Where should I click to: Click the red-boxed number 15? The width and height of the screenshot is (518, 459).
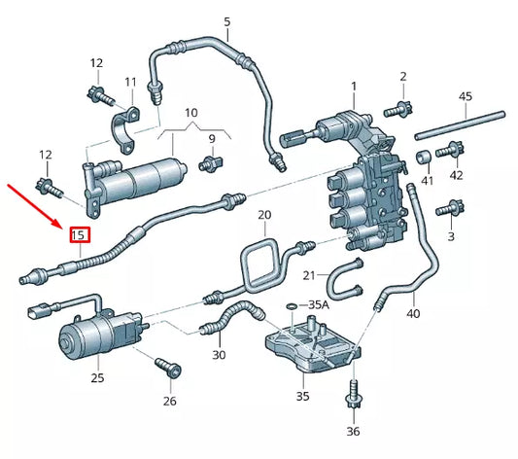point(79,234)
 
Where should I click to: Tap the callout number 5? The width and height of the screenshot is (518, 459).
point(226,21)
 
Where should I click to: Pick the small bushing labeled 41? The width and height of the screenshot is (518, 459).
point(424,158)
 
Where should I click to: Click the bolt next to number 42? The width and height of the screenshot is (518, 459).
point(449,151)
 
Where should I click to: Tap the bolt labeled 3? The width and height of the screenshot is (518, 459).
point(449,208)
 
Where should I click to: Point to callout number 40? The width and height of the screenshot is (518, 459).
point(413,313)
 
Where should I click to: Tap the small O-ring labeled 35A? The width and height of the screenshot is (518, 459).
point(292,306)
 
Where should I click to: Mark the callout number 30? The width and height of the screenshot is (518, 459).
point(218,355)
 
